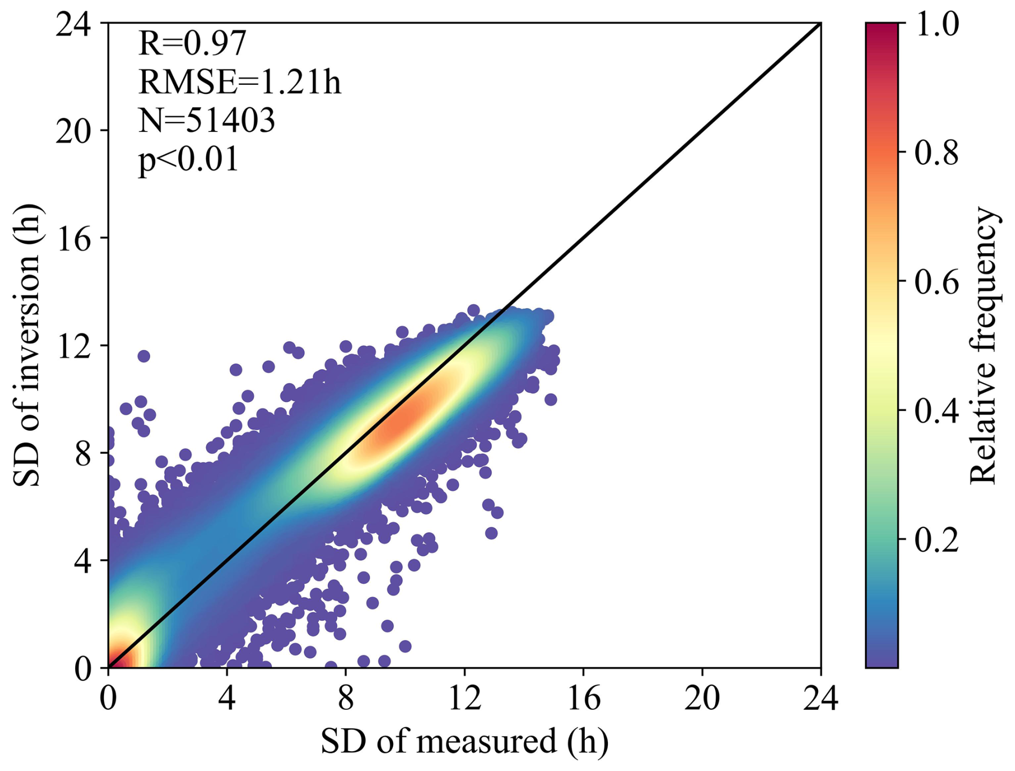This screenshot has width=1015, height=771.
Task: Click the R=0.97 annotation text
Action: (192, 43)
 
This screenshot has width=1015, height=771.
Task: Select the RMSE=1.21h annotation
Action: (239, 83)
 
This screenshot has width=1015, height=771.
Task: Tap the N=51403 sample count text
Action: (207, 121)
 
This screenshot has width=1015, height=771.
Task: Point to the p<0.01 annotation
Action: (188, 159)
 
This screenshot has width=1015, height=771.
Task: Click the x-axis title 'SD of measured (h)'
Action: (465, 741)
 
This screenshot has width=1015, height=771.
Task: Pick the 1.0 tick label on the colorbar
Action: (937, 25)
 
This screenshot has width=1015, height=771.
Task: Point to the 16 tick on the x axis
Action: (583, 699)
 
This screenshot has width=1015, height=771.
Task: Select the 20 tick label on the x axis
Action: (702, 699)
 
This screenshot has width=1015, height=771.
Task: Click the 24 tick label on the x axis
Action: (820, 699)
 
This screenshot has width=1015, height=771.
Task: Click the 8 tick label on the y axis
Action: (83, 453)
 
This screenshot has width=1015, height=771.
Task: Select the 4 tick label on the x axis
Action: (227, 699)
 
